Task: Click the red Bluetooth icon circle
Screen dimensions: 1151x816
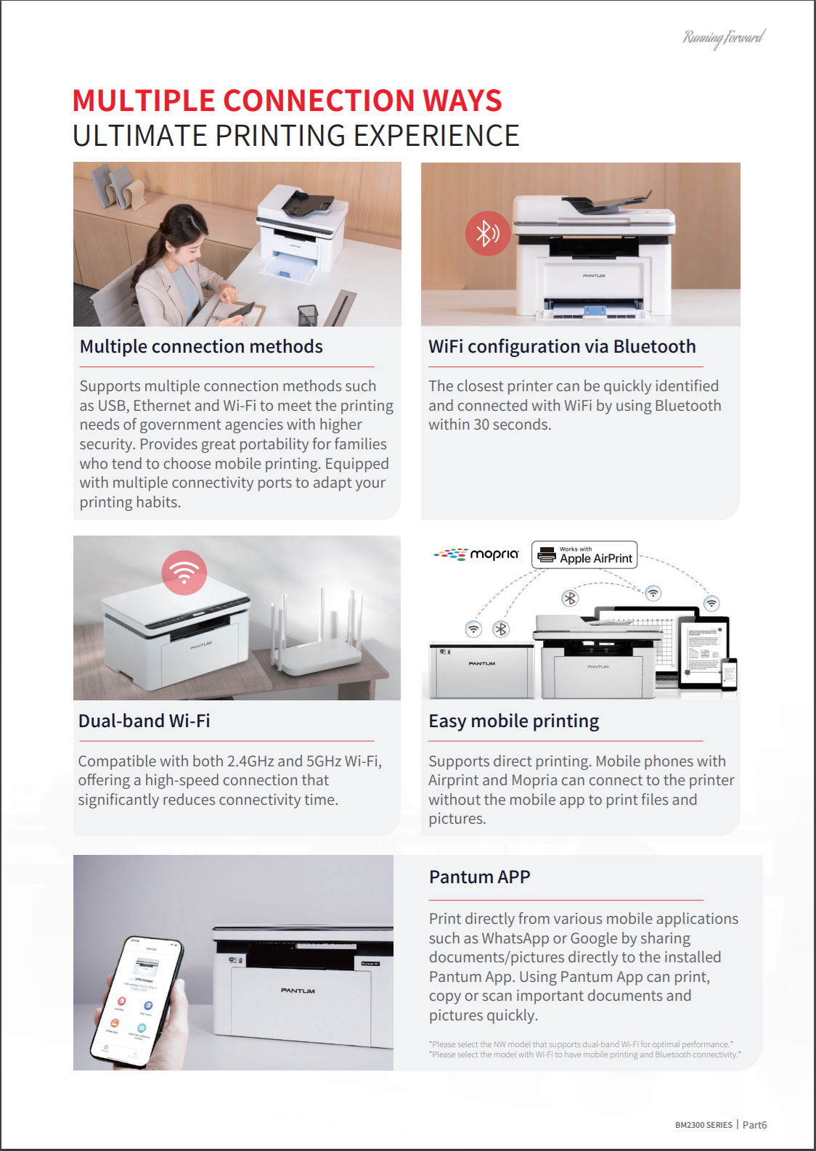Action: coord(487,233)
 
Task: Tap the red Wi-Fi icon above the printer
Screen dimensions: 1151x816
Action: coord(184,573)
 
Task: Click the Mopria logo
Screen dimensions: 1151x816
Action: coord(477,554)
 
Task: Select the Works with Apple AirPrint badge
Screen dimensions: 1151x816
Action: coord(584,555)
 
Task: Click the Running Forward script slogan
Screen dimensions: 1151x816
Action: coord(723,37)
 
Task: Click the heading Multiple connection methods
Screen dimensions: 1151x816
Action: coord(201,347)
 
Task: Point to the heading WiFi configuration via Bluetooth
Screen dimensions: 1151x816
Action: coord(561,347)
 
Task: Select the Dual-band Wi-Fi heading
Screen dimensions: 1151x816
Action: coord(144,721)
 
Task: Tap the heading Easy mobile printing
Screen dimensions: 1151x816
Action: coord(513,721)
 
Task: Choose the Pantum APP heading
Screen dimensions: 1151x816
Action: coord(479,877)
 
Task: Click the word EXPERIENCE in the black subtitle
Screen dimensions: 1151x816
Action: coord(436,136)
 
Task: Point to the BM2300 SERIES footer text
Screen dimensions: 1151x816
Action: coord(703,1125)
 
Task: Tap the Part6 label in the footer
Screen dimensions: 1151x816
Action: coord(754,1125)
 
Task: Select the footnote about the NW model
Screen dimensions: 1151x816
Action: coord(581,1044)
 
